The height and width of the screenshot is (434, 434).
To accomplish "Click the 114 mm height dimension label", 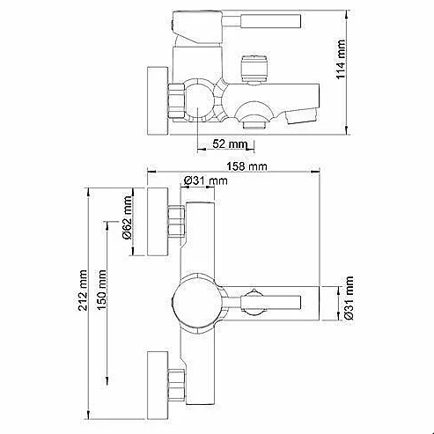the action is pos(341,59).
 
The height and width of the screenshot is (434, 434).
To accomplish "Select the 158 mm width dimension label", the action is pos(246,166).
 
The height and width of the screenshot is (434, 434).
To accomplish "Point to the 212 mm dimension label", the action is pos(83,291).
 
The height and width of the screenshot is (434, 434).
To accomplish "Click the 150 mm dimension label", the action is pos(101,290).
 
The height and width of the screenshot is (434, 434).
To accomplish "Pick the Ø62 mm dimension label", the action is pos(128,217).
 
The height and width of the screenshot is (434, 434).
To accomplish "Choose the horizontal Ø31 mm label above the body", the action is pos(205,180).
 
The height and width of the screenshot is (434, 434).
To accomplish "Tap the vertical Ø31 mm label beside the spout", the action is pos(349,298).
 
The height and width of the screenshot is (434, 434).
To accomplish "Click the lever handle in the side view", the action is pos(261,21).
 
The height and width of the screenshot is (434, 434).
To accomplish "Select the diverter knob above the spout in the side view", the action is pos(254,70).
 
